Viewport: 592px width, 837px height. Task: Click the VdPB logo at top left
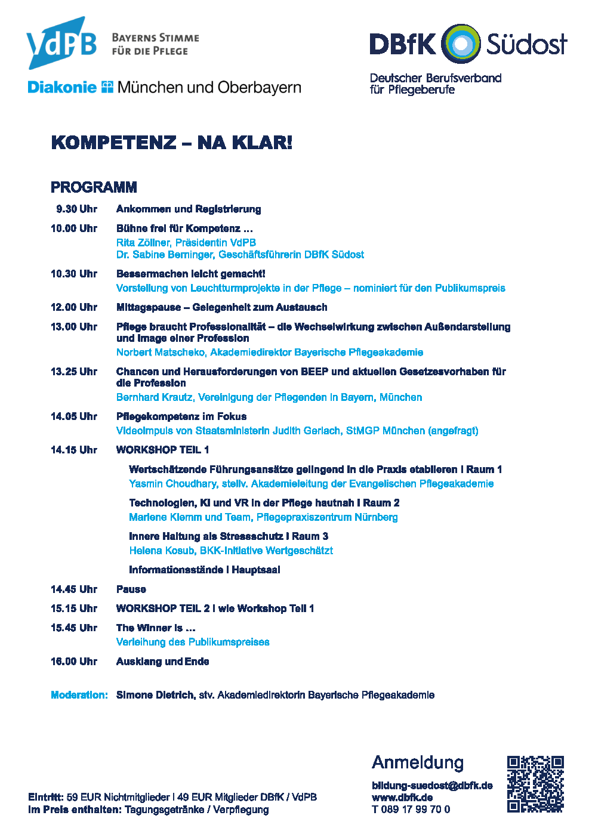point(61,43)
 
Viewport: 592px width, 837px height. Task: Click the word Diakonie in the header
point(62,88)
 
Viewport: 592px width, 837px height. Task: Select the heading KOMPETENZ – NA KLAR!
point(172,143)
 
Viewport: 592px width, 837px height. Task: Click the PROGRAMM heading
point(94,187)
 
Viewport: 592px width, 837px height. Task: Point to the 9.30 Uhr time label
point(76,209)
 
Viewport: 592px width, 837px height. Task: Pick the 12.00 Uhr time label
point(74,307)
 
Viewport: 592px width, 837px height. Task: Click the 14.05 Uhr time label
point(74,416)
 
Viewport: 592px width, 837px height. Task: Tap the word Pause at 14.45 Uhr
point(131,589)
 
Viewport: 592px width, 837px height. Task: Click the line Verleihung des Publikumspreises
point(193,642)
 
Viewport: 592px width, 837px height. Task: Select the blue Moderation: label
point(79,695)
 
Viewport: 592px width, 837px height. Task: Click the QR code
point(535,784)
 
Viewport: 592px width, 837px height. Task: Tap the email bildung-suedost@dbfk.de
point(432,786)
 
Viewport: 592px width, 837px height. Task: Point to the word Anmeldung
point(418,762)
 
